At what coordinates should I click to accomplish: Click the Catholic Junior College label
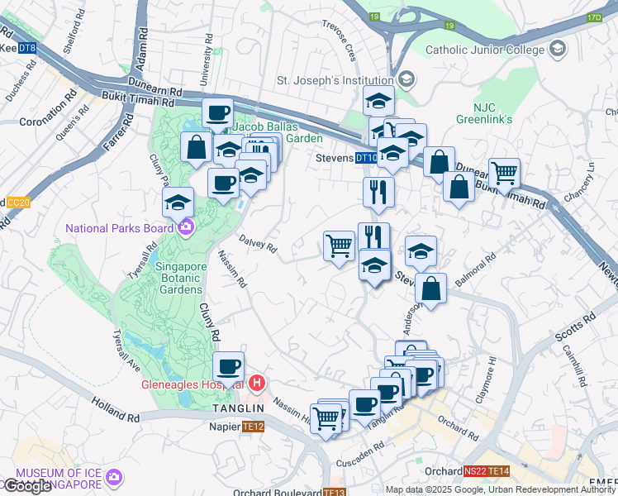click(x=486, y=50)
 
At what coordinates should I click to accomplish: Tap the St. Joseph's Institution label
click(x=335, y=81)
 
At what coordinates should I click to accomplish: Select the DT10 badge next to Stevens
click(x=366, y=157)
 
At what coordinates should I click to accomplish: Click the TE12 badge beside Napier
click(x=253, y=427)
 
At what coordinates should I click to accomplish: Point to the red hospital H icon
click(x=257, y=383)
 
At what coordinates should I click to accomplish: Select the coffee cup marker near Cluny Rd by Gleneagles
click(x=228, y=366)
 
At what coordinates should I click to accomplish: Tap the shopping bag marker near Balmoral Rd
click(x=431, y=289)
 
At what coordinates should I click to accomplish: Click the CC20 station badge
click(x=17, y=202)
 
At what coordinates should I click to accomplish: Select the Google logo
click(x=27, y=486)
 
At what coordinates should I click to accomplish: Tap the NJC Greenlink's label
click(x=483, y=113)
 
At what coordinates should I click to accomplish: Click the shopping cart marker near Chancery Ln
click(x=504, y=174)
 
